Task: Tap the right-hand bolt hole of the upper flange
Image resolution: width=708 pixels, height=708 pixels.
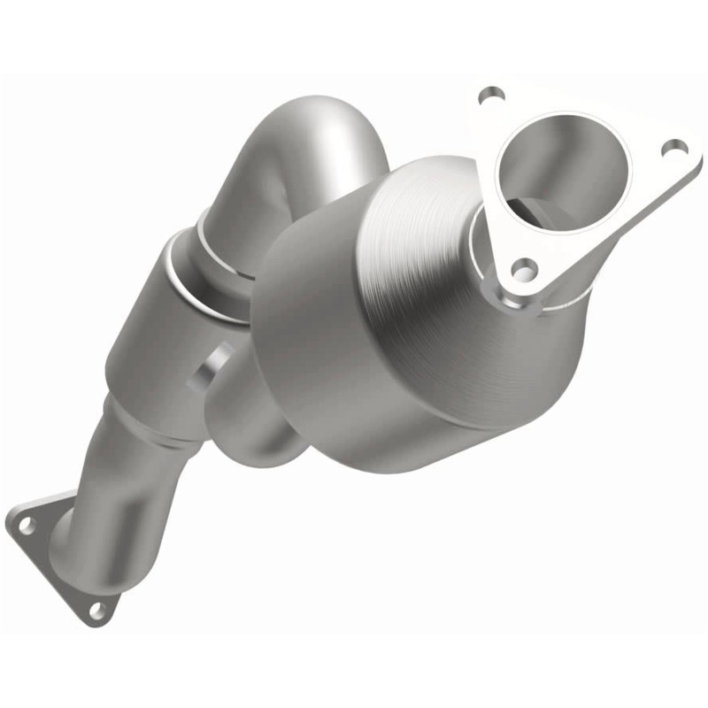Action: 674,147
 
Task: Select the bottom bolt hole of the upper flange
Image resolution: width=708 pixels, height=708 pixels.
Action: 525,265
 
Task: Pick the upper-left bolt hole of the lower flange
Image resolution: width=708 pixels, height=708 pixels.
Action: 27,524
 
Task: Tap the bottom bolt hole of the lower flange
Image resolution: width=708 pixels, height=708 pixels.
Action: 97,609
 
